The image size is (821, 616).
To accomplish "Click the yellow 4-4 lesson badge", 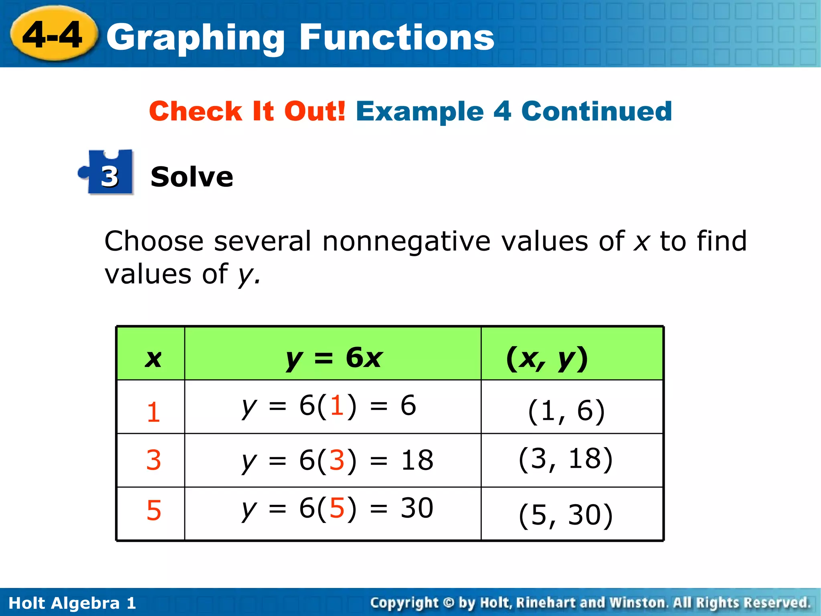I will [x=53, y=35].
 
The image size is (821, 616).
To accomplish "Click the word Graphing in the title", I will [x=196, y=38].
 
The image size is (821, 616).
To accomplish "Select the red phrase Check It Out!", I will [x=247, y=111].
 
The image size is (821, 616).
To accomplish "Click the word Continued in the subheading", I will [x=596, y=111].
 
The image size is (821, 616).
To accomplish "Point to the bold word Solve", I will [x=192, y=177].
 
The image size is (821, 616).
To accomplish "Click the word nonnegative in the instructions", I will [x=406, y=241].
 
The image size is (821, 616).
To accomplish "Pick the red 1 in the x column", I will [x=153, y=412].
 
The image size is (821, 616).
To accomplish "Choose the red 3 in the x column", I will [x=153, y=460].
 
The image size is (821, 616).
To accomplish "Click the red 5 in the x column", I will [x=154, y=511].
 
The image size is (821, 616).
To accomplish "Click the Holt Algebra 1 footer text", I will [x=72, y=603].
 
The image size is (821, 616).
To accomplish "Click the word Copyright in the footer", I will [x=404, y=603].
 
